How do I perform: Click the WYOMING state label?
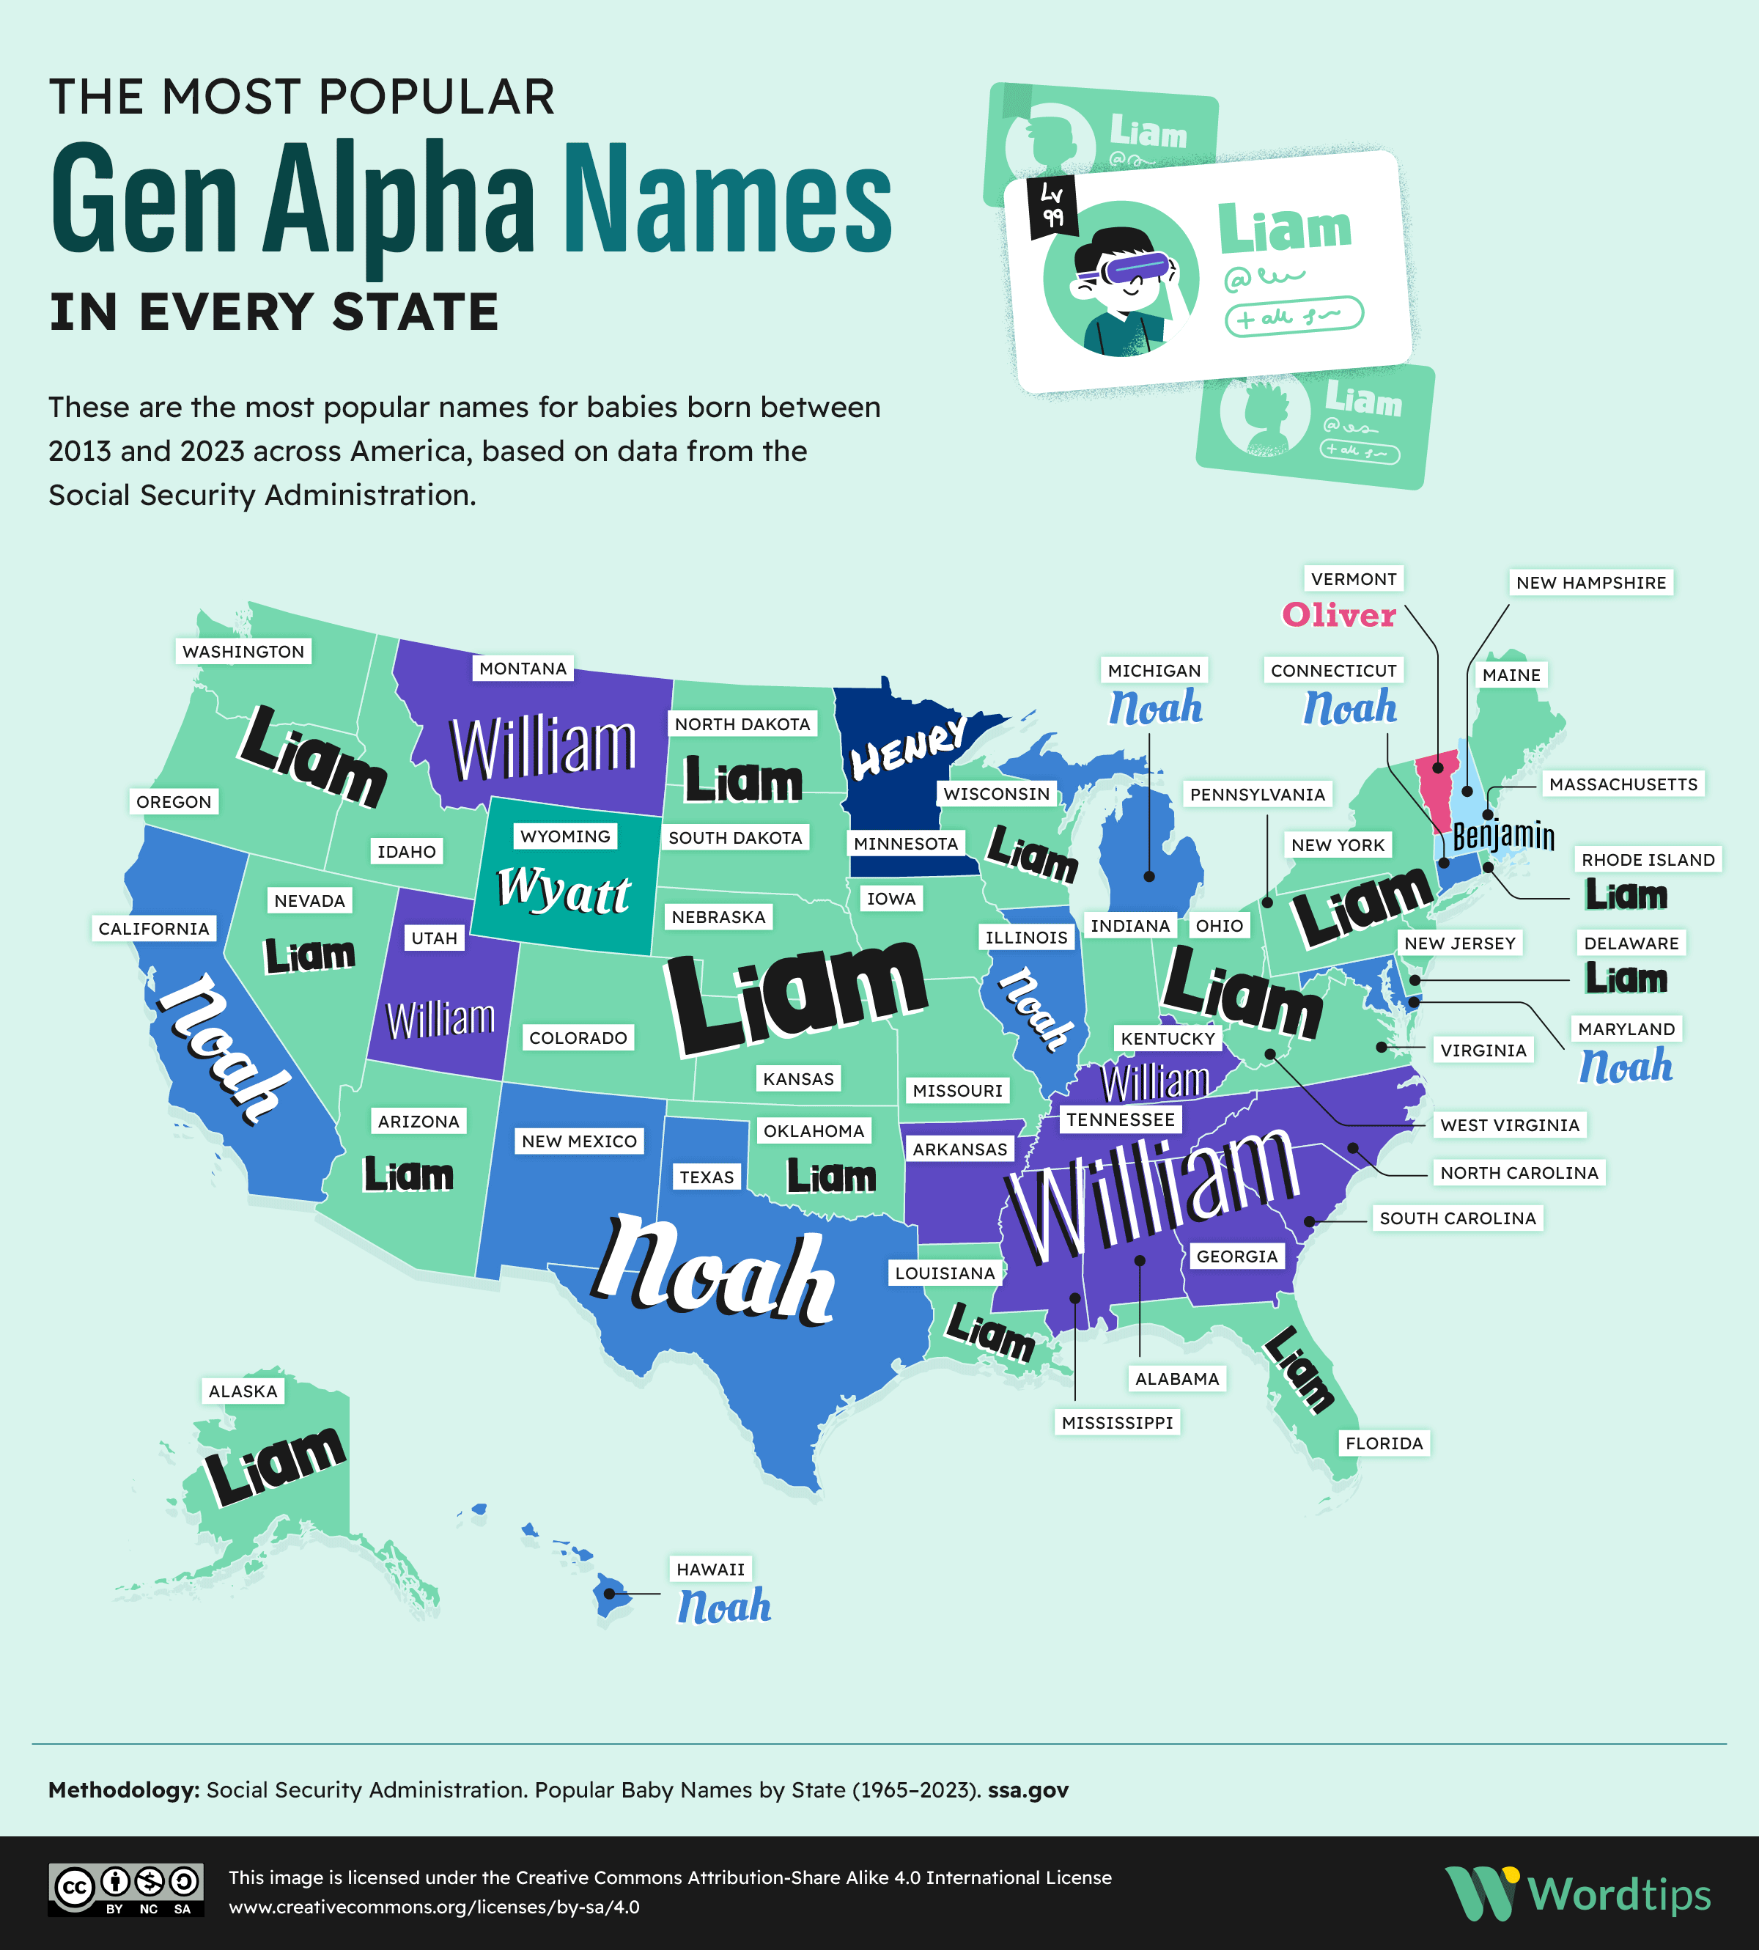(x=565, y=836)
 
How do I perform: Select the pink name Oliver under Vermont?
(x=1338, y=615)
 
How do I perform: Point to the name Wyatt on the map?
(x=564, y=889)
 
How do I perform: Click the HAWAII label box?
(x=710, y=1569)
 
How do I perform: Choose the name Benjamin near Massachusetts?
(x=1503, y=835)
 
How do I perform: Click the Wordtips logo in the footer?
(x=1578, y=1893)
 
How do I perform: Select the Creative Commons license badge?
(x=125, y=1889)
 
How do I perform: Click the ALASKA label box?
(x=243, y=1391)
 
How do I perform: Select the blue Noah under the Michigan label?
(x=1155, y=707)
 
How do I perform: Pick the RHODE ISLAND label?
(x=1648, y=859)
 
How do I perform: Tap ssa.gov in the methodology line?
(x=1028, y=1789)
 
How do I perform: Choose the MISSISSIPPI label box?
(x=1117, y=1422)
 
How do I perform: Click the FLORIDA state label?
(x=1384, y=1443)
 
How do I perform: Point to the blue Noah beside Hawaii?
(x=724, y=1607)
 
